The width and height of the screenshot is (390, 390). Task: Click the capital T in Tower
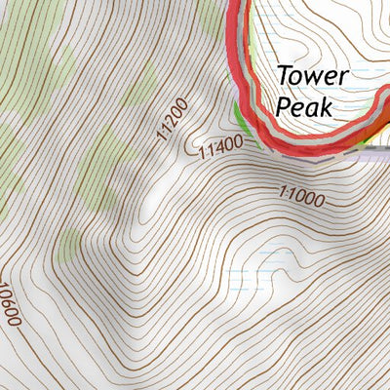coord(284,75)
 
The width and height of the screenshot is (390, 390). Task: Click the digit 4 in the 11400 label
coord(221,148)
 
